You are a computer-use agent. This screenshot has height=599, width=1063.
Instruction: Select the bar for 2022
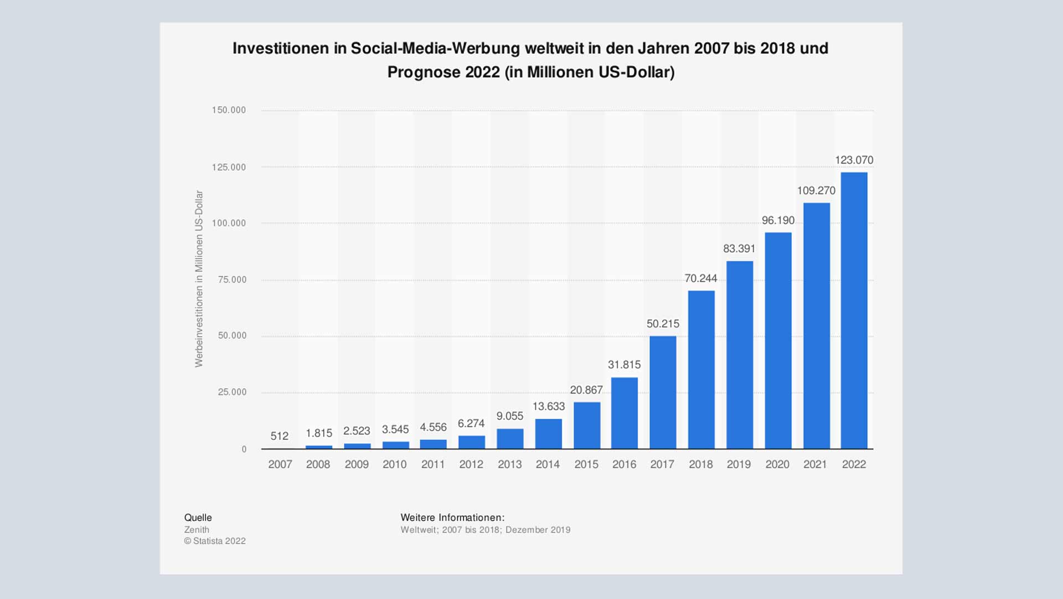click(x=854, y=310)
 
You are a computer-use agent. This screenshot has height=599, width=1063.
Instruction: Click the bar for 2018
click(x=701, y=370)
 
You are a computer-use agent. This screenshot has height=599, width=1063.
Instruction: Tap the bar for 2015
click(x=586, y=425)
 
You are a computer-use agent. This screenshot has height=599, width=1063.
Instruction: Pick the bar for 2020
click(x=778, y=340)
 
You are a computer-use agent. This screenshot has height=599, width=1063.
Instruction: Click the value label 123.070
click(x=854, y=160)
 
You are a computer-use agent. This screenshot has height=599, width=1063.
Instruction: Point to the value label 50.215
click(x=663, y=324)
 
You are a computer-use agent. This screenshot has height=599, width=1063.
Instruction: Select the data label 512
click(x=280, y=436)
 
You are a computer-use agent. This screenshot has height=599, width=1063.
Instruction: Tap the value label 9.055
click(x=509, y=416)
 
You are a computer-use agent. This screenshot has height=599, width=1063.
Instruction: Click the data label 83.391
click(x=739, y=249)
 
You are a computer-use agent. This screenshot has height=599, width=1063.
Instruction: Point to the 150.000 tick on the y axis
click(x=229, y=110)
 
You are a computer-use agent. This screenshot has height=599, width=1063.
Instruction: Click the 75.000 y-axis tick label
click(x=232, y=280)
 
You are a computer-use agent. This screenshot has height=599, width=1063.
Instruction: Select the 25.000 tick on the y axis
click(x=232, y=392)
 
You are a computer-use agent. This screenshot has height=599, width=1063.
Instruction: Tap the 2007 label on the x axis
click(x=280, y=464)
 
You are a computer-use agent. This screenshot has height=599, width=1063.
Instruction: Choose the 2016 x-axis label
click(x=624, y=464)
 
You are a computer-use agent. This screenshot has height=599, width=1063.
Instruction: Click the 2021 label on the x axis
click(x=815, y=464)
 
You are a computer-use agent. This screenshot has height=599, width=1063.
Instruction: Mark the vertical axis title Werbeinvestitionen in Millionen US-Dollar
click(x=199, y=279)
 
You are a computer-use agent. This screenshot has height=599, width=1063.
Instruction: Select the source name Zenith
click(x=197, y=530)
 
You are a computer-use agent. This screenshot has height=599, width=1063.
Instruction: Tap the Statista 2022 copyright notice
click(x=215, y=541)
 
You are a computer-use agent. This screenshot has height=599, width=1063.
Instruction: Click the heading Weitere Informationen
click(x=452, y=518)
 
